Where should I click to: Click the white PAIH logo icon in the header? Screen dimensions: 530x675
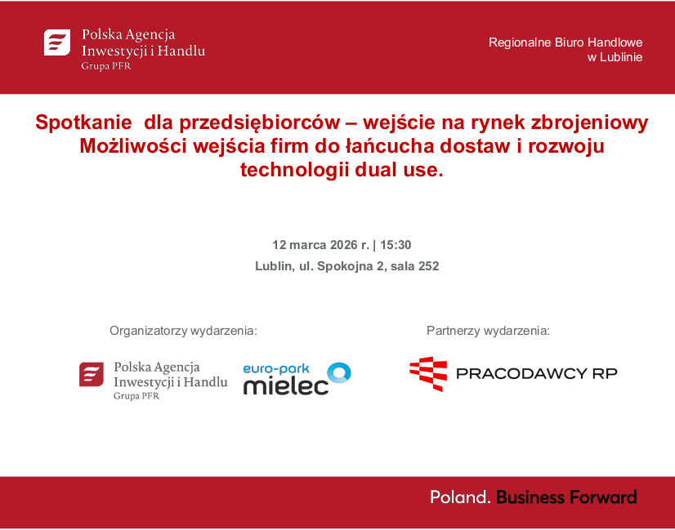(x=57, y=42)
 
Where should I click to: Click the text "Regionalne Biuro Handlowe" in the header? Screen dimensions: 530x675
(x=565, y=42)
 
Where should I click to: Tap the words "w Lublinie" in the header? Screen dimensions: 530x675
(x=615, y=57)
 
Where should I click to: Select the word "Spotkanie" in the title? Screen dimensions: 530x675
(x=83, y=122)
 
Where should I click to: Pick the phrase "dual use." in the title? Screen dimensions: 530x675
(x=402, y=170)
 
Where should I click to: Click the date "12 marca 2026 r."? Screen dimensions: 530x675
(x=320, y=244)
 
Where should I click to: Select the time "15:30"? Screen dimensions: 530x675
(x=396, y=244)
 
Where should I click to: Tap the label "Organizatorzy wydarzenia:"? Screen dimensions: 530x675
(x=183, y=331)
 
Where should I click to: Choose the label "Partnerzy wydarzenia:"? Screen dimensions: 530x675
(x=488, y=331)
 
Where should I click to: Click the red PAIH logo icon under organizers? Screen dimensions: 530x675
(x=92, y=375)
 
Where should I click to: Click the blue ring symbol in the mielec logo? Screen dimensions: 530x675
(x=339, y=373)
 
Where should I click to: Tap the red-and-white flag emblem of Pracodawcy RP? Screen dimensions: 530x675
(x=428, y=374)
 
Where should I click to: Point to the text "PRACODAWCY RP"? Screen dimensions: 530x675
(x=536, y=374)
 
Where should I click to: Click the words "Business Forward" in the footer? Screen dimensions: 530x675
(x=566, y=497)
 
